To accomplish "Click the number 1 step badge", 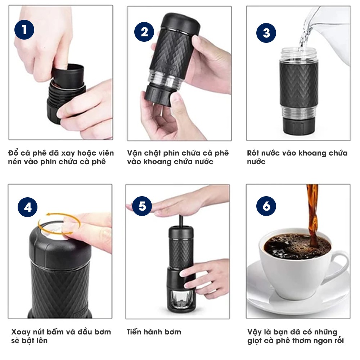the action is tap(24, 30).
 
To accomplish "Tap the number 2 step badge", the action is tap(144, 32).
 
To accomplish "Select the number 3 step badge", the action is tap(266, 33).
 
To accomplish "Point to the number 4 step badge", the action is tap(28, 207).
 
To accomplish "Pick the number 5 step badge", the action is tap(142, 206).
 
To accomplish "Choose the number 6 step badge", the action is tap(266, 206).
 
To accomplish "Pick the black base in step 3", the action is tap(299, 126).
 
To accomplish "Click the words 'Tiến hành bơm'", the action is tap(154, 332).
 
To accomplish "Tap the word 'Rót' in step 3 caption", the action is tap(253, 153).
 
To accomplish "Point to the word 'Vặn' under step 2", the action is tap(134, 153).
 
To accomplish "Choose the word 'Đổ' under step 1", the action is tap(13, 153).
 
